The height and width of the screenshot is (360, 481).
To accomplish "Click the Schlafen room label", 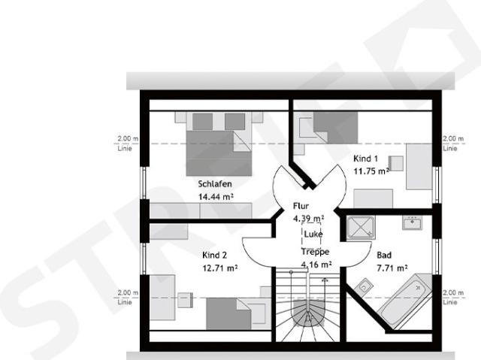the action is (x=215, y=184).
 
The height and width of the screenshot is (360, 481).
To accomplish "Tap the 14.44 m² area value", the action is (x=216, y=197).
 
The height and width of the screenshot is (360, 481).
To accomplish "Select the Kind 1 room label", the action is (x=365, y=159).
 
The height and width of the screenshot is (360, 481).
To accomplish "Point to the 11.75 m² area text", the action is (x=371, y=171).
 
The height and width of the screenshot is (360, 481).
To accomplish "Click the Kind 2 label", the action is (x=214, y=255).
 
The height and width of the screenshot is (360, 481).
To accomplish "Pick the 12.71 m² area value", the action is (x=220, y=268).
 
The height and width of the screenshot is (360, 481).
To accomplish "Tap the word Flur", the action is (x=301, y=206).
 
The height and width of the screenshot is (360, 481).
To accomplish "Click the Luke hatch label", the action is (x=313, y=234).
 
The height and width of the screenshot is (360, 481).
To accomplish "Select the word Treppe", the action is (x=315, y=252).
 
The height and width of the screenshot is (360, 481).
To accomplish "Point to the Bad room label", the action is (x=384, y=255).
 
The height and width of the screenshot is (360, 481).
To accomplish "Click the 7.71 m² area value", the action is (x=392, y=268).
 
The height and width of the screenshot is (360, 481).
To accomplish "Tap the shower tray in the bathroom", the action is (x=361, y=228).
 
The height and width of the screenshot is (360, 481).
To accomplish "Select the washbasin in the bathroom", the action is (x=413, y=222).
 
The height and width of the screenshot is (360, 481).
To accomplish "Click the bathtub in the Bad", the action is (x=404, y=301).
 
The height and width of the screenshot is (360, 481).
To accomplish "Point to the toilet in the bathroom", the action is (x=364, y=286).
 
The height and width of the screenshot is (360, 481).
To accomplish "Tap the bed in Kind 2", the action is (x=236, y=313).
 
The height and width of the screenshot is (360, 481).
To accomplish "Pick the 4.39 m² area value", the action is (x=309, y=219).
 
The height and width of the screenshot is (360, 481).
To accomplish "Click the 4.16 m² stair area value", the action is (x=316, y=265).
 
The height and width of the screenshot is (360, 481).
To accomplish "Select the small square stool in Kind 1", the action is (x=396, y=163).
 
